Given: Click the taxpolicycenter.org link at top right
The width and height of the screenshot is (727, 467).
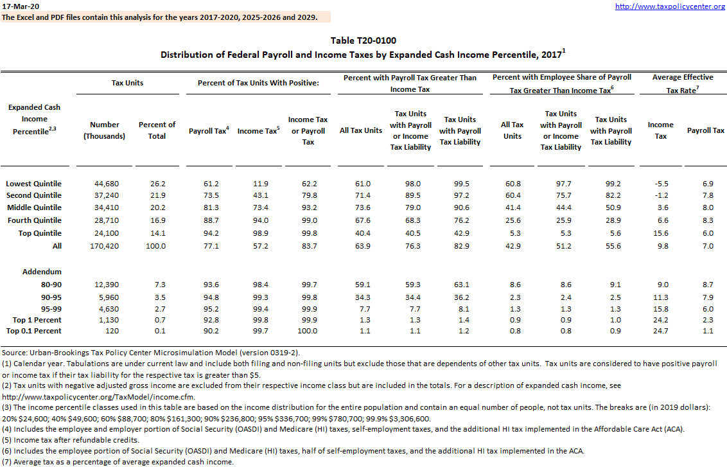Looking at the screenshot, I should pyautogui.click(x=670, y=6).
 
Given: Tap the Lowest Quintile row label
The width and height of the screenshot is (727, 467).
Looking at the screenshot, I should pyautogui.click(x=34, y=184).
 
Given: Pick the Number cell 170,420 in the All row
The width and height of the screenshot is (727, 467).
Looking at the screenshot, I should pyautogui.click(x=105, y=246).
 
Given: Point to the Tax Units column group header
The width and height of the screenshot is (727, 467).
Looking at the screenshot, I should pyautogui.click(x=127, y=83).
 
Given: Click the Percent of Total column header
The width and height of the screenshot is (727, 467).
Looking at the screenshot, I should pyautogui.click(x=157, y=130).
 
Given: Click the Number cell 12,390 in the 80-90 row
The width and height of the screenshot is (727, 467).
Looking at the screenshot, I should pyautogui.click(x=105, y=285).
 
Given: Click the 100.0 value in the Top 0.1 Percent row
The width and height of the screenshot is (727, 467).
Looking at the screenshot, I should pyautogui.click(x=308, y=331).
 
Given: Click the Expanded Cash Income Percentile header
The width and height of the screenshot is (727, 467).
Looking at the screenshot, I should pyautogui.click(x=35, y=119).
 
